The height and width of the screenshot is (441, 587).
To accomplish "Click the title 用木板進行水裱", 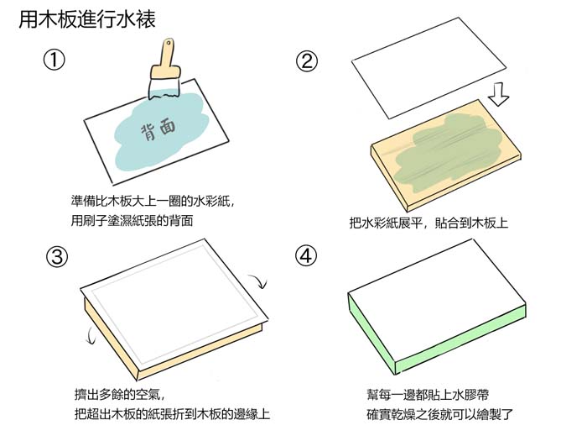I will pyautogui.click(x=86, y=18).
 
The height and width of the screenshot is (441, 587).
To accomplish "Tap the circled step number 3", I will pyautogui.click(x=56, y=257).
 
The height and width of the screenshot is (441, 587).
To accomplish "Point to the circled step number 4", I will pyautogui.click(x=307, y=257).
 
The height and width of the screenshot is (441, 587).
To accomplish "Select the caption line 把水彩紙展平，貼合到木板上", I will pyautogui.click(x=429, y=223).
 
